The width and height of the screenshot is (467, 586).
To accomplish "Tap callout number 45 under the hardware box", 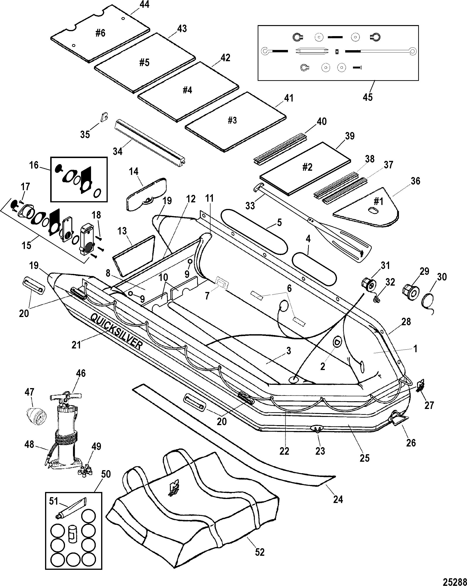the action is click(x=368, y=97).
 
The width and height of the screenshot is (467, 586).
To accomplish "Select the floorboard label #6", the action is click(x=100, y=33).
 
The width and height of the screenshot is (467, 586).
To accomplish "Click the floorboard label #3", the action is click(x=232, y=120).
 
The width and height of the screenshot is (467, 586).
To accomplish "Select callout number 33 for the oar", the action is click(x=250, y=205).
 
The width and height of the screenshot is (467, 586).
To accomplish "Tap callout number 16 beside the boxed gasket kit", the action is click(x=34, y=165).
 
